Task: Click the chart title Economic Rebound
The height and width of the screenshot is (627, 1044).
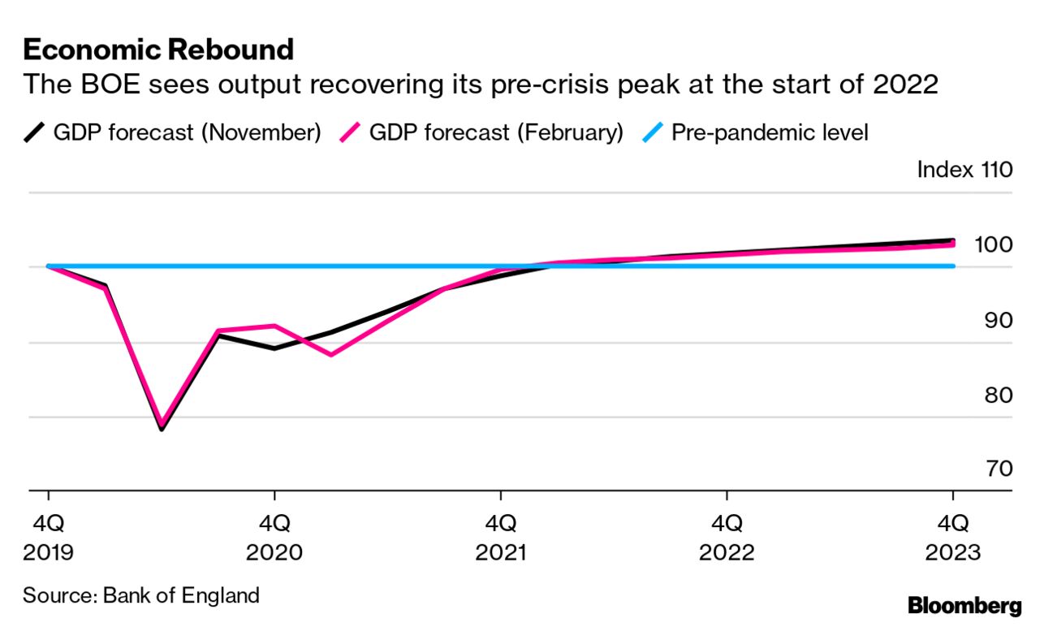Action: (x=158, y=50)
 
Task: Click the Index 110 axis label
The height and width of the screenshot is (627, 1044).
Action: (x=964, y=170)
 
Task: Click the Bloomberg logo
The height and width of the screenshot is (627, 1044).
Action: (x=964, y=605)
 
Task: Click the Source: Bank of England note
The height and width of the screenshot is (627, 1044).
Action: (x=141, y=595)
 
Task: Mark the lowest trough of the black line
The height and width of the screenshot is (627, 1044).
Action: (x=162, y=429)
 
